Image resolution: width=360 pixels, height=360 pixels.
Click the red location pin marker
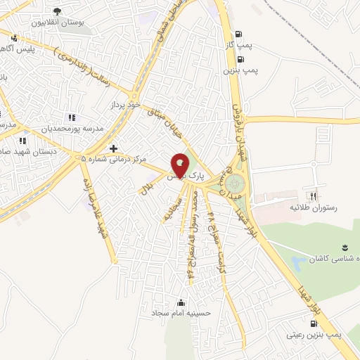pos(181,166)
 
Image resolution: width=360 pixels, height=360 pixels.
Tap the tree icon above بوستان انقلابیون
pos(57,11)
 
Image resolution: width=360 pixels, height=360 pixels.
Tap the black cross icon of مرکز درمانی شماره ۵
pos(113,148)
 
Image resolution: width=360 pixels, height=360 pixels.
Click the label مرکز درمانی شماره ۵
pos(114,159)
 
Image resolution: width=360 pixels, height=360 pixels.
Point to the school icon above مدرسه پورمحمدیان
pos(70,118)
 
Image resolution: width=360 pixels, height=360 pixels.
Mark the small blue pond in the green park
pos(299,264)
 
